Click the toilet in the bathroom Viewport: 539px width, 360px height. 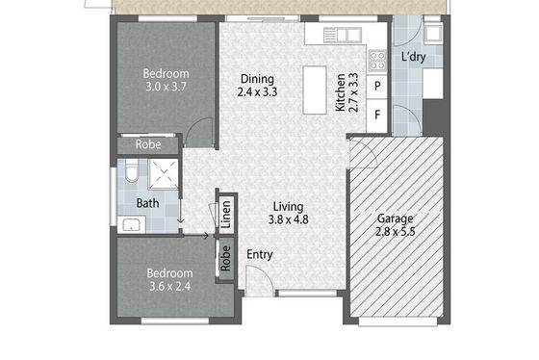pos(131,170)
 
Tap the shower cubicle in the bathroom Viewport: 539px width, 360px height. pos(164,174)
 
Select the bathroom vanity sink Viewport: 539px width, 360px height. pos(132,224)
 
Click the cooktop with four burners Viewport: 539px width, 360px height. pos(377,61)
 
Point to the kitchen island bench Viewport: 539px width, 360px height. pos(315,90)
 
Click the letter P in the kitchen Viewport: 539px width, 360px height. pos(377,86)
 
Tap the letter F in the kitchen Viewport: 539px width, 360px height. pos(377,115)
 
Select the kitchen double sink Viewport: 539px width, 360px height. pos(343,36)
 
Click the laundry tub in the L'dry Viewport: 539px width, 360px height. pos(433,34)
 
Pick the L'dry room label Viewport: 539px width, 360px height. pos(414,57)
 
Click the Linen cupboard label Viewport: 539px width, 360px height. pos(226,215)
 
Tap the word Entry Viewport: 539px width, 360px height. pos(260,255)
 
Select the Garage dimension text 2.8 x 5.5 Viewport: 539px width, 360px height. pos(396,232)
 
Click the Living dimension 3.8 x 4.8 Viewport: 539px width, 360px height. pos(288,219)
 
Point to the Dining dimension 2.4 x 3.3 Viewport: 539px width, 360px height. pos(258,92)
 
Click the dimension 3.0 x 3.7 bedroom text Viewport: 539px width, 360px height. pos(166,87)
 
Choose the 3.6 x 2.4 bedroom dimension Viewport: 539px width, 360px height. pos(169,286)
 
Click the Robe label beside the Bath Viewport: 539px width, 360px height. pos(148,144)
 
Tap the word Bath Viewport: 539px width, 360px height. pos(148,203)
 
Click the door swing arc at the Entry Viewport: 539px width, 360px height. pos(266,273)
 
